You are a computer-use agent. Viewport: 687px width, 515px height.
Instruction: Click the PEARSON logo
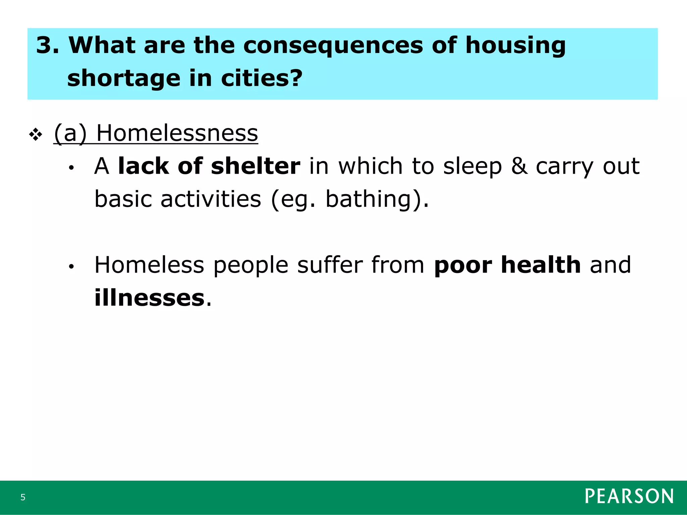click(x=629, y=496)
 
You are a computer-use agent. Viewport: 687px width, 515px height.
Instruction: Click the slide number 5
click(x=23, y=497)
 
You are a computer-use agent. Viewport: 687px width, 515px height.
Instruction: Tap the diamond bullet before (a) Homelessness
click(x=36, y=135)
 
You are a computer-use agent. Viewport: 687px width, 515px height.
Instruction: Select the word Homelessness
click(x=177, y=133)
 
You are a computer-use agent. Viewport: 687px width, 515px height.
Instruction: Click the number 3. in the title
click(x=47, y=45)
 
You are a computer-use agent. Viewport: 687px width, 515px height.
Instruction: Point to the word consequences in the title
click(x=333, y=45)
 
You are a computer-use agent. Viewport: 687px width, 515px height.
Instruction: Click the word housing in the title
click(x=516, y=46)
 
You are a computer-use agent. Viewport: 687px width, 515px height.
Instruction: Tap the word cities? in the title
click(x=262, y=78)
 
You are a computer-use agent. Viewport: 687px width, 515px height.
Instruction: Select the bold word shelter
click(x=256, y=166)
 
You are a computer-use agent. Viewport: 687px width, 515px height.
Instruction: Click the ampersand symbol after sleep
click(x=519, y=166)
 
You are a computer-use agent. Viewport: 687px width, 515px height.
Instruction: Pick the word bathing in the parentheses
click(x=368, y=199)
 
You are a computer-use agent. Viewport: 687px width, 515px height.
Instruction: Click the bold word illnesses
click(x=149, y=297)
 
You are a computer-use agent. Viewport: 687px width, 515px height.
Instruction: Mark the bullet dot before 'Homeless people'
click(x=70, y=267)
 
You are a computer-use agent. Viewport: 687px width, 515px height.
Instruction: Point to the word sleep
click(x=472, y=167)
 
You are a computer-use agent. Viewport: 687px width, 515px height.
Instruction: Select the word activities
click(x=211, y=199)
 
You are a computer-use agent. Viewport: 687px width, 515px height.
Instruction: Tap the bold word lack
click(x=144, y=166)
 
